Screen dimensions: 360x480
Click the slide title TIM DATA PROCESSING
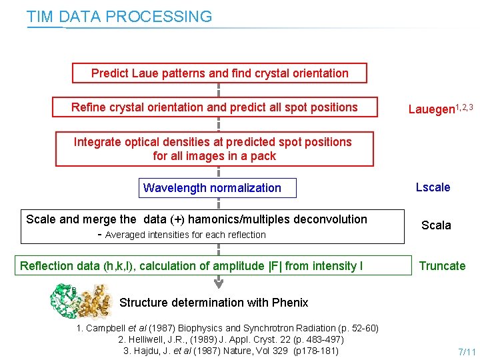click(x=119, y=17)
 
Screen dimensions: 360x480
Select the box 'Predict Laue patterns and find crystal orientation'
click(x=219, y=73)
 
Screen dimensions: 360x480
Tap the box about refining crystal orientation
click(x=215, y=107)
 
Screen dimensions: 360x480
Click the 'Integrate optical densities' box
click(x=214, y=149)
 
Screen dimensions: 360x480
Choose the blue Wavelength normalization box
click(x=212, y=188)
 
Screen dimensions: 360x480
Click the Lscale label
click(x=433, y=187)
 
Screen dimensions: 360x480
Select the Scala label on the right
click(x=436, y=225)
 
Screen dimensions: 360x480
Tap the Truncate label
click(x=442, y=266)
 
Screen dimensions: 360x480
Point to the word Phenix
click(x=290, y=303)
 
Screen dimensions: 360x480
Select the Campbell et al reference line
click(x=227, y=328)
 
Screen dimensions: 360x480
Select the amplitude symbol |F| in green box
click(x=274, y=266)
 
